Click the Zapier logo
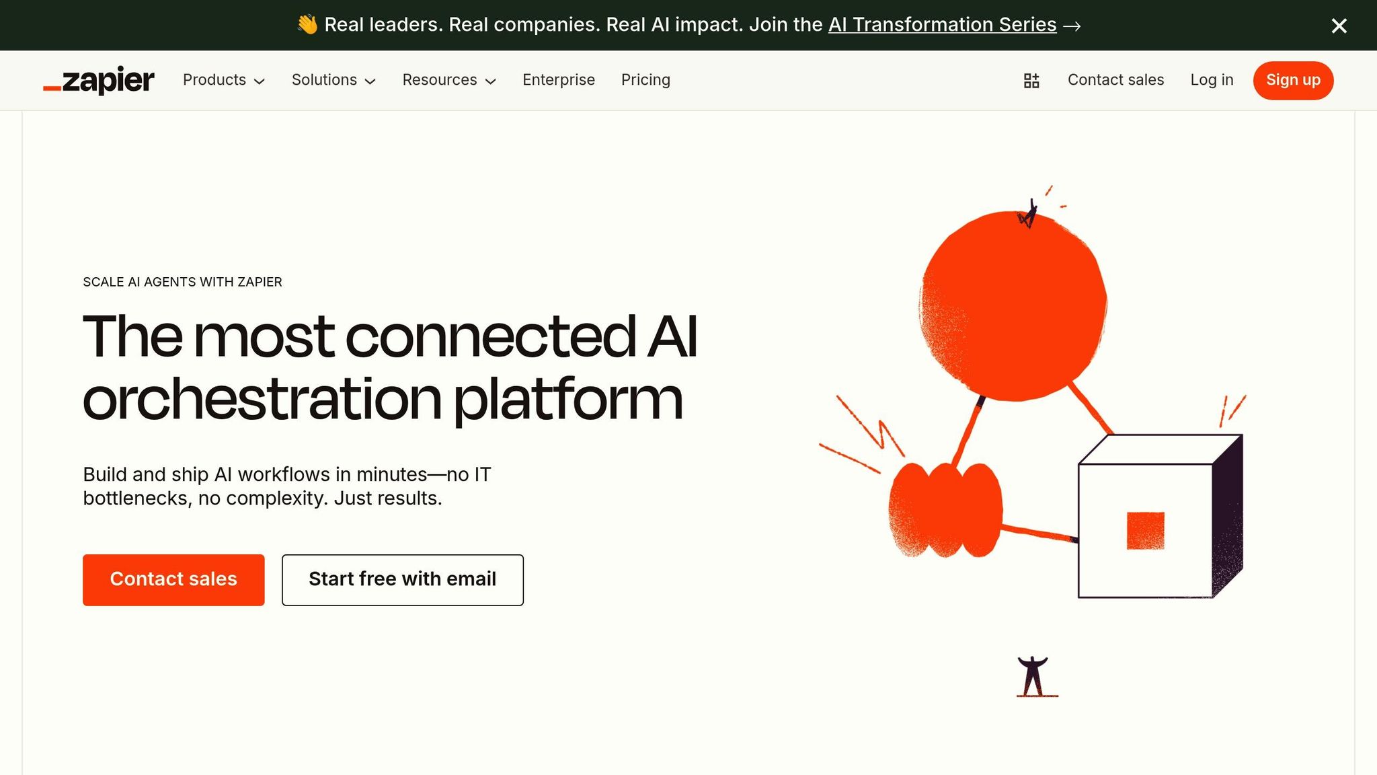coord(99,80)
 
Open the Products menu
coord(224,80)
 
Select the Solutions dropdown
coord(333,80)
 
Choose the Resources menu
coord(449,80)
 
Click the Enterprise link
coord(559,80)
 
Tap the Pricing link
coord(645,80)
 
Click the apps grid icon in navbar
coord(1031,81)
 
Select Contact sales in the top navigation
coord(1115,80)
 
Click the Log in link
coord(1212,80)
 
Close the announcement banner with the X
coord(1339,26)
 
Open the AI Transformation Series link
coord(942,25)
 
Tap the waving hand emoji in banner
coord(307,25)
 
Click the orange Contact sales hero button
coord(173,580)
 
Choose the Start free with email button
coord(403,580)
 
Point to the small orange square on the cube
coord(1146,531)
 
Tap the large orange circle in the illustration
coord(1013,306)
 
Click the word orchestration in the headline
coord(262,400)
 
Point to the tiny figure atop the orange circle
coord(1028,213)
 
